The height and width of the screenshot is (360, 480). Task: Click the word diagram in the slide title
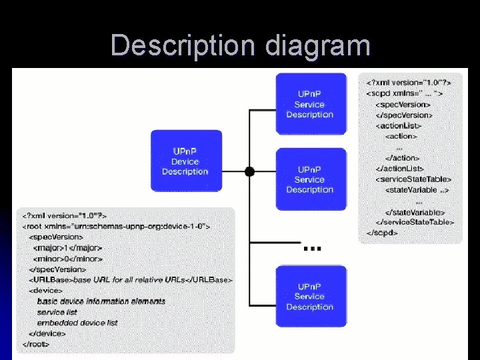pyautogui.click(x=317, y=46)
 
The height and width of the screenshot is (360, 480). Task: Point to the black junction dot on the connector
pyautogui.click(x=249, y=171)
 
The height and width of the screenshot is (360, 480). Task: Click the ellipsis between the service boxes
pyautogui.click(x=312, y=248)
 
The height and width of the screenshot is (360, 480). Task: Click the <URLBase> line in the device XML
pyautogui.click(x=131, y=280)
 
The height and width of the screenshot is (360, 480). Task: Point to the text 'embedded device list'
pyautogui.click(x=77, y=323)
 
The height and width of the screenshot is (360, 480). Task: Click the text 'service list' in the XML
pyautogui.click(x=57, y=312)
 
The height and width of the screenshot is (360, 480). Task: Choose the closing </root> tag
pyautogui.click(x=36, y=344)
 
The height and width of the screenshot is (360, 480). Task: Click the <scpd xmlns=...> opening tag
pyautogui.click(x=405, y=93)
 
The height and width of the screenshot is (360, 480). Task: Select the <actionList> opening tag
pyautogui.click(x=399, y=125)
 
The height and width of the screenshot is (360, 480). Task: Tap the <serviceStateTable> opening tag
pyautogui.click(x=413, y=179)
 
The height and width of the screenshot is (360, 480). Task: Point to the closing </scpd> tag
pyautogui.click(x=382, y=233)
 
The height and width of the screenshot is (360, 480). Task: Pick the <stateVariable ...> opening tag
pyautogui.click(x=417, y=190)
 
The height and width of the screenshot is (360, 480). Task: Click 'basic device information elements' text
pyautogui.click(x=101, y=301)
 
